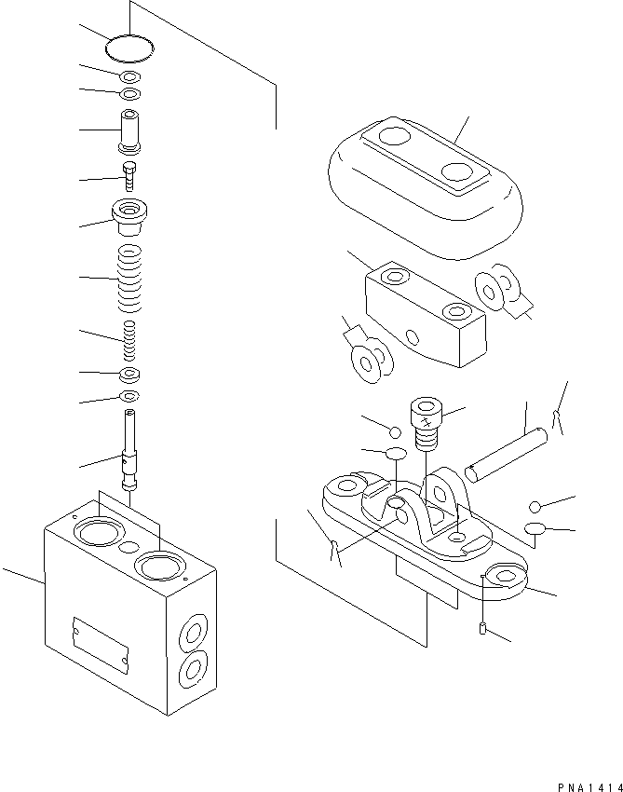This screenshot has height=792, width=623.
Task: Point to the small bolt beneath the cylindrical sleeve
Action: click(x=130, y=175)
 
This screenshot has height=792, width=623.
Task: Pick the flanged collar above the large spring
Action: click(x=130, y=217)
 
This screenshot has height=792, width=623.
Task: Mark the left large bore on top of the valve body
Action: click(x=96, y=533)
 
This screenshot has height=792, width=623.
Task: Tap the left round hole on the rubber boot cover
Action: click(x=390, y=139)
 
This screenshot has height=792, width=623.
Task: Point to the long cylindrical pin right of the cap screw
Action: click(x=503, y=453)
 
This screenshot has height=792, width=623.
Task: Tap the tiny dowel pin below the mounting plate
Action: click(x=481, y=630)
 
